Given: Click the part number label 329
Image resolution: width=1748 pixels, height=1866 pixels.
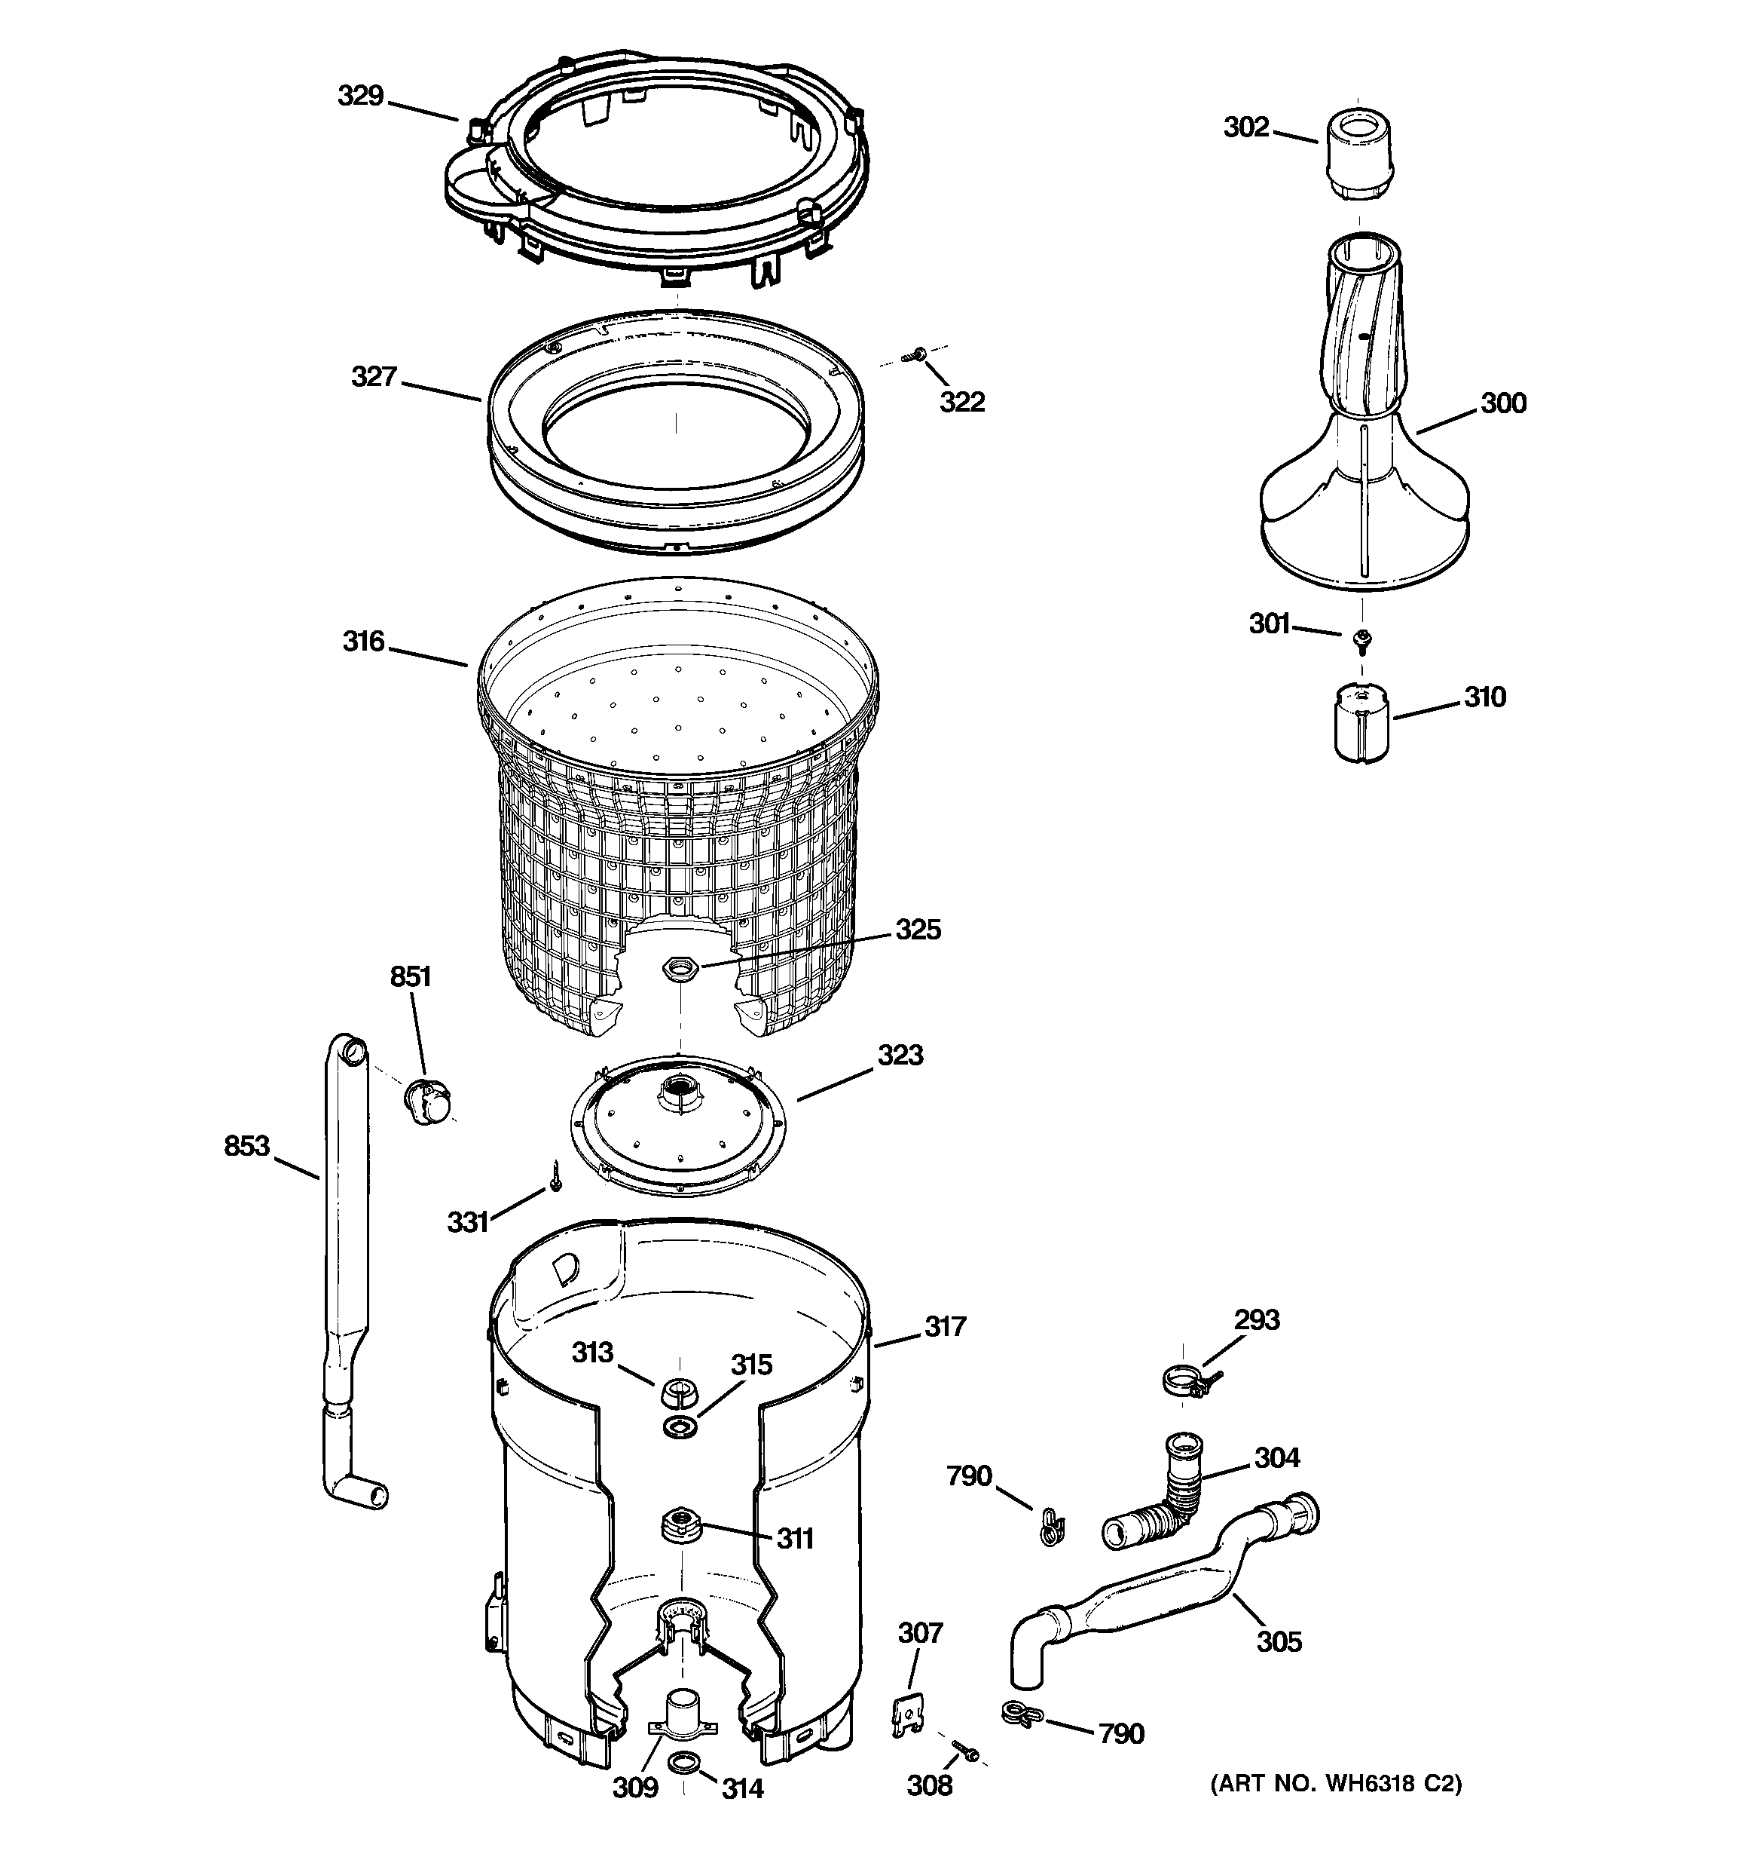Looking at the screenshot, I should (x=360, y=96).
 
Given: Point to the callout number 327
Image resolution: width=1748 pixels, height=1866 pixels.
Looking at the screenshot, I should (x=374, y=377).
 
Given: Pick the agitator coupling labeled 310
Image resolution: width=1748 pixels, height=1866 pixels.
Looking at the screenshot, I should (x=1361, y=723).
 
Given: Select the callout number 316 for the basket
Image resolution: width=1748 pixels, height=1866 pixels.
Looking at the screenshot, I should (x=363, y=642).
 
